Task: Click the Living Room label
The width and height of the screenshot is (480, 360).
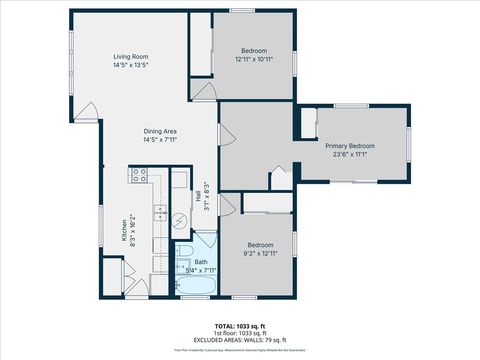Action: (131, 57)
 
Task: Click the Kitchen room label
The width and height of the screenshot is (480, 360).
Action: (125, 231)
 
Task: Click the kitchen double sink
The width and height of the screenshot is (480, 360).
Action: (159, 211)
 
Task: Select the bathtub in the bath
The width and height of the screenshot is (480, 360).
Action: (196, 287)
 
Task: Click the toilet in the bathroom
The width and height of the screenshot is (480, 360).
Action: (184, 250)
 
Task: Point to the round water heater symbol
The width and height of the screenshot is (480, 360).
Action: (181, 220)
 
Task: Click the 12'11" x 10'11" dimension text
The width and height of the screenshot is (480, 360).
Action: (254, 59)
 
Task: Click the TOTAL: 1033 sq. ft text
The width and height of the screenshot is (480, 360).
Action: (240, 326)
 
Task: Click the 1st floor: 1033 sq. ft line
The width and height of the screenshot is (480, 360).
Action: (240, 332)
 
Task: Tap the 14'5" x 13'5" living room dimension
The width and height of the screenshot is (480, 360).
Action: (131, 65)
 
